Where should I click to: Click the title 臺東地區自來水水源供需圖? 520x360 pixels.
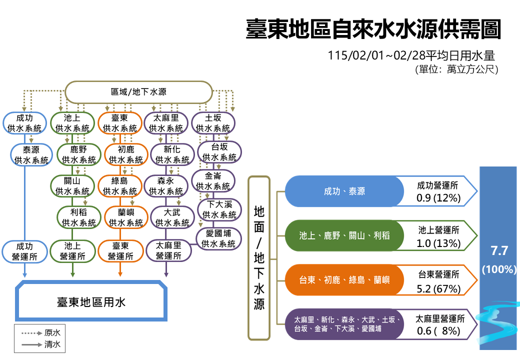[x=373, y=30]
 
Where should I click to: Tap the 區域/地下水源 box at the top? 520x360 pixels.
[x=139, y=92]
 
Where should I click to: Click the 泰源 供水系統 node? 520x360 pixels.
[x=31, y=155]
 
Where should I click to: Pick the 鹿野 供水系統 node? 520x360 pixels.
[x=78, y=155]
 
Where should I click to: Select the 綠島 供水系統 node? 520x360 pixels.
[x=119, y=185]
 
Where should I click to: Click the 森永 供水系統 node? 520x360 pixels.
[x=165, y=185]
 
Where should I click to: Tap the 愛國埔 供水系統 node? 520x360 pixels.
[x=218, y=238]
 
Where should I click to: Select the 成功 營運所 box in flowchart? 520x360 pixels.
[x=24, y=251]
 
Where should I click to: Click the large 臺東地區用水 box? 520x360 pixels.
[x=91, y=302]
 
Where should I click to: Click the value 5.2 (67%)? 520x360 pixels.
[x=438, y=288]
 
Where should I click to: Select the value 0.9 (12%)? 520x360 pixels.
[x=438, y=197]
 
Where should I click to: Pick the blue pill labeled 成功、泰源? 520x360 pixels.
[x=344, y=191]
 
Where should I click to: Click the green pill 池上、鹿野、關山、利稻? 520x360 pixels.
[x=344, y=235]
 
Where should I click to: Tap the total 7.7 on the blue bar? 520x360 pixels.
[x=498, y=250]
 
